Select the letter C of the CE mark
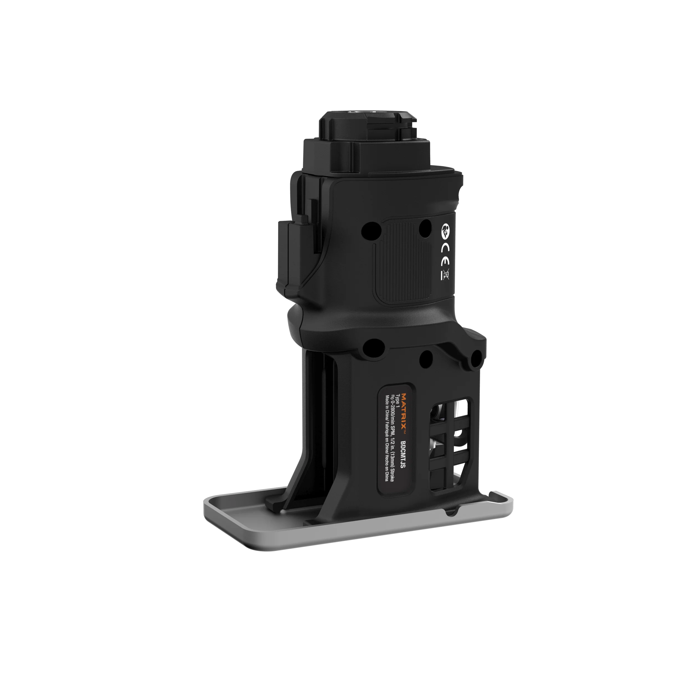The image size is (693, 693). tap(445, 248)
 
